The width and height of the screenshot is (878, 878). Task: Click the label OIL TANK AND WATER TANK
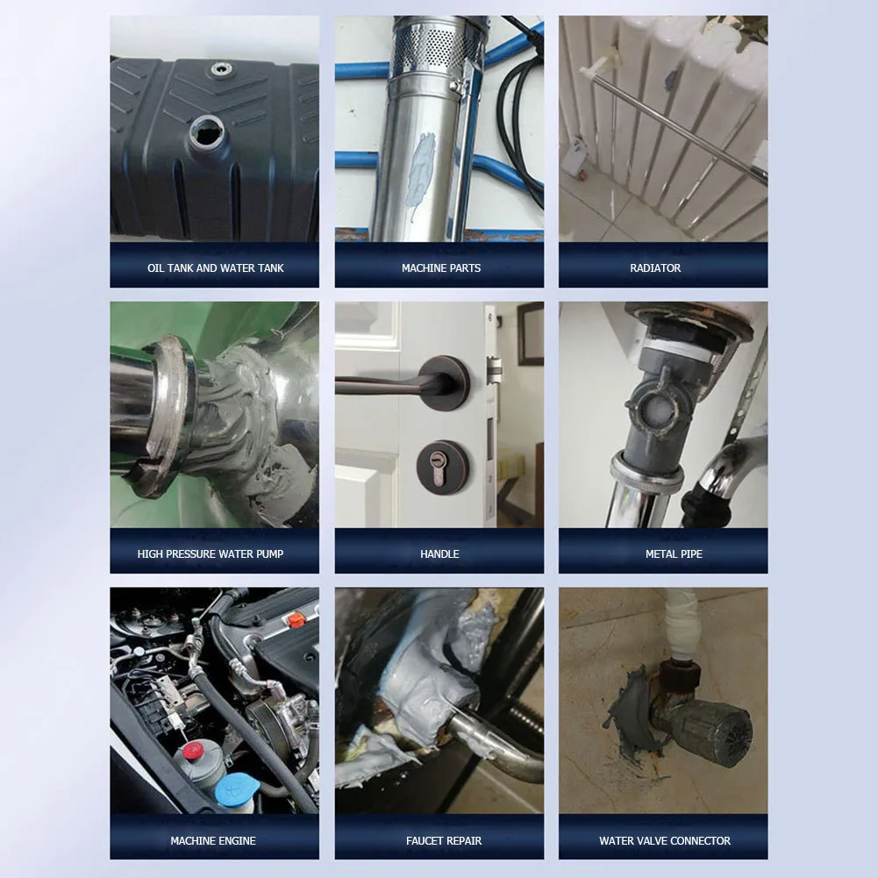(215, 268)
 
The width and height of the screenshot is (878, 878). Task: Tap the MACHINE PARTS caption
(440, 268)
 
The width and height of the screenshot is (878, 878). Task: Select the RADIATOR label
(655, 268)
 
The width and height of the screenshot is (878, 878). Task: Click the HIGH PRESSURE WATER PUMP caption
(211, 554)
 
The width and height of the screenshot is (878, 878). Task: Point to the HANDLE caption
(439, 554)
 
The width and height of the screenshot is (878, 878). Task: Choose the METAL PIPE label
(674, 554)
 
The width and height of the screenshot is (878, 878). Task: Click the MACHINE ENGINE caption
(213, 841)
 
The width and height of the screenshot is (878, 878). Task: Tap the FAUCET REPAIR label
(444, 841)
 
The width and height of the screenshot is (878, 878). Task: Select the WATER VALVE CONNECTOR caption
(665, 841)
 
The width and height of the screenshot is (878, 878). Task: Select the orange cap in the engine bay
(296, 620)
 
